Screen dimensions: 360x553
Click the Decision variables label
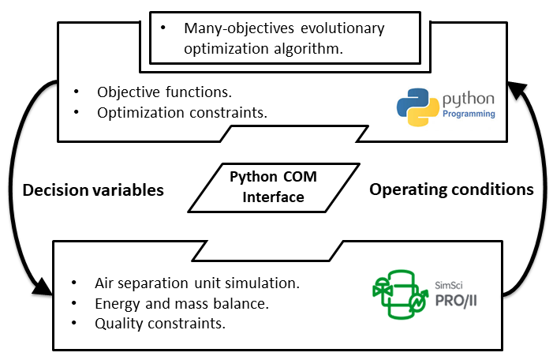click(93, 190)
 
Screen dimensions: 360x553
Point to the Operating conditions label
click(451, 190)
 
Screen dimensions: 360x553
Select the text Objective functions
click(164, 91)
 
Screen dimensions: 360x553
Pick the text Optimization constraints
click(182, 112)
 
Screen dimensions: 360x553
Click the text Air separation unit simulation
click(197, 283)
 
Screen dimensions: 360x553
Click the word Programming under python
click(469, 114)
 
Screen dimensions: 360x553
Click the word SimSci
click(448, 283)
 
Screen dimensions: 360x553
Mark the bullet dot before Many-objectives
click(163, 28)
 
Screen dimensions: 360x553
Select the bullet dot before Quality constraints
click(74, 323)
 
